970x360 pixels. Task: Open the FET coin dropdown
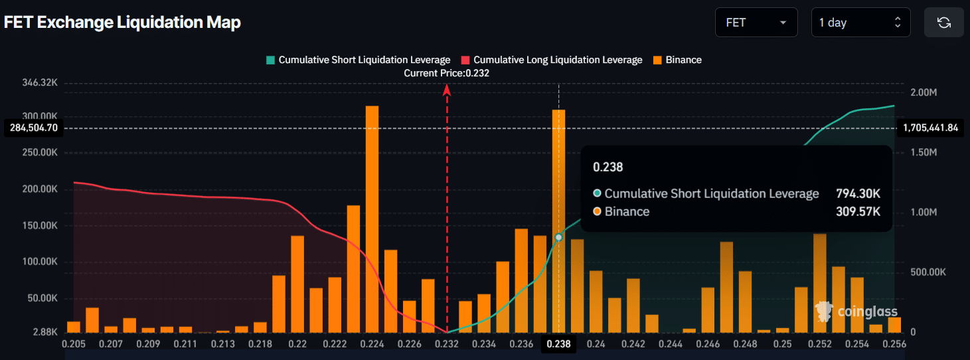coord(756,23)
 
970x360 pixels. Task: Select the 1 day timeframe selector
coord(860,23)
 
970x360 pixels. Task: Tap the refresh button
coord(943,23)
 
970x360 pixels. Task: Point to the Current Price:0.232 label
coord(446,73)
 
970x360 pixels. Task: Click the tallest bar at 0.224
coord(372,219)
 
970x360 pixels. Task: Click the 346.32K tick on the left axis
coord(40,83)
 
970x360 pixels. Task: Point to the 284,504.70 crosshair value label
coord(34,128)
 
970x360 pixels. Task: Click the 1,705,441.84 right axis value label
coord(931,128)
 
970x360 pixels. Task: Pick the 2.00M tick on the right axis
coord(924,92)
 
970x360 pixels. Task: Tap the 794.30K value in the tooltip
coord(858,193)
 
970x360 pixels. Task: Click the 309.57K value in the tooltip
coord(858,211)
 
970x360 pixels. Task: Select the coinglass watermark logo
coord(857,311)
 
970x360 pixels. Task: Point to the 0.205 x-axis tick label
coord(73,344)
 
